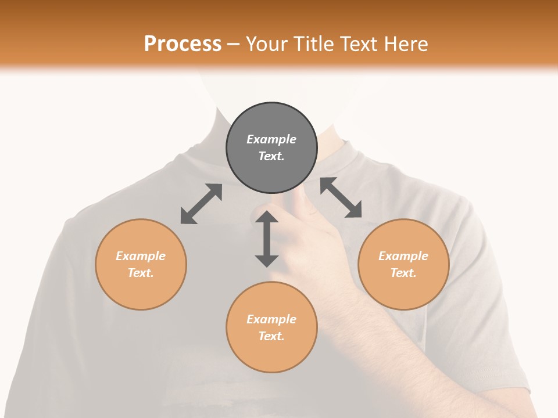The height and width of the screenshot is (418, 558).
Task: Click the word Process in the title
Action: tap(183, 44)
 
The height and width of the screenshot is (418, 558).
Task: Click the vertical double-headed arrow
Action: tap(267, 239)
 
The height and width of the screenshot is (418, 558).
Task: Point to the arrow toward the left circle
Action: tap(201, 204)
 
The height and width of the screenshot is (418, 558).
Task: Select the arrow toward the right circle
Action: tap(341, 197)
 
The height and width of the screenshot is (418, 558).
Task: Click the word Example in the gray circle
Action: tap(271, 139)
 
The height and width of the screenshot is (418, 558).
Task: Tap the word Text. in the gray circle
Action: tap(271, 156)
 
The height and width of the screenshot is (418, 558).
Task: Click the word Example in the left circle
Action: tap(141, 256)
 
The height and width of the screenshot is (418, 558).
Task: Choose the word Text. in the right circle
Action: tap(403, 273)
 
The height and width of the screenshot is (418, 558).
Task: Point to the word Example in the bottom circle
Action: tap(271, 319)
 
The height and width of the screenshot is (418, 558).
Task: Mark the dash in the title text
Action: tap(233, 45)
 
